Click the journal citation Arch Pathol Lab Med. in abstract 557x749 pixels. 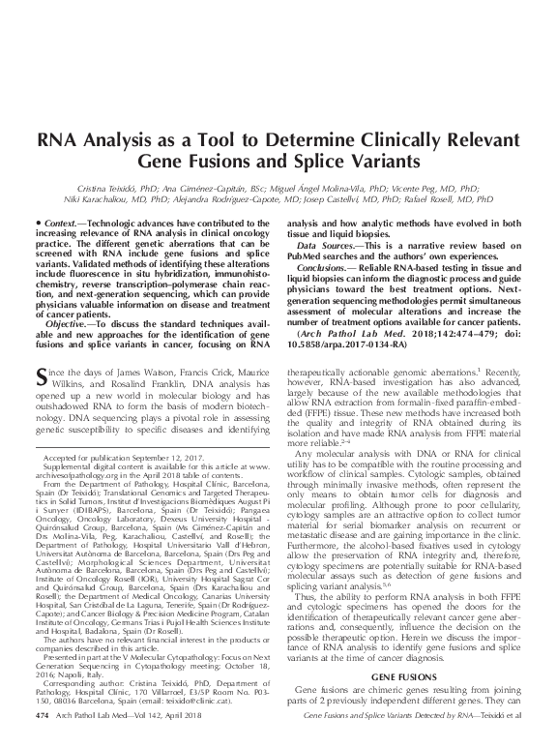(339, 332)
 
